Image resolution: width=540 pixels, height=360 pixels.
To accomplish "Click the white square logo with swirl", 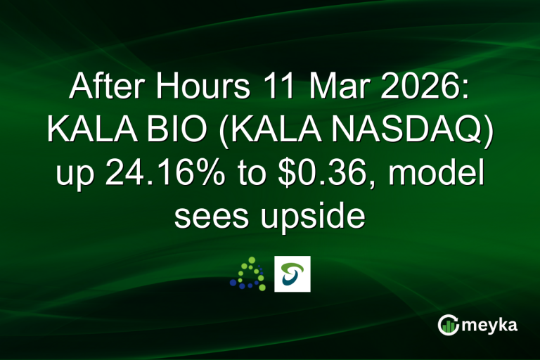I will click(x=292, y=274).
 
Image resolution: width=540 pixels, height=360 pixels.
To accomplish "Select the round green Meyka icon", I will click(x=448, y=326).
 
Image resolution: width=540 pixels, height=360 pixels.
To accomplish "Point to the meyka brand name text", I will click(x=491, y=326).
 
